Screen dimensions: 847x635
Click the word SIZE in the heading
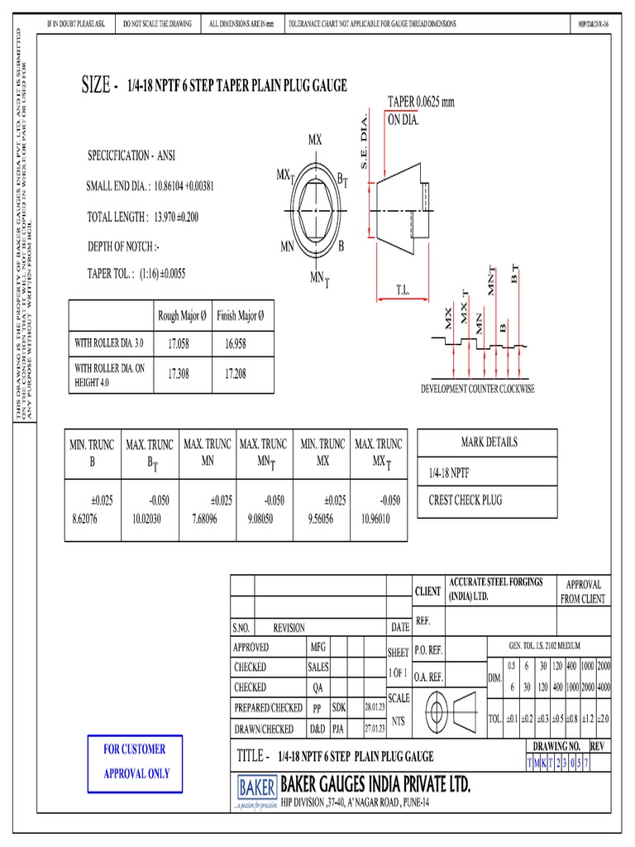click(96, 85)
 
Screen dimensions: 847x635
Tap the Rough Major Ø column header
click(183, 316)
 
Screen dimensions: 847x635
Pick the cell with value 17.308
click(179, 374)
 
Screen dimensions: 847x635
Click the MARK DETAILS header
click(489, 442)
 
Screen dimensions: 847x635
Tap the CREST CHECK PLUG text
click(465, 500)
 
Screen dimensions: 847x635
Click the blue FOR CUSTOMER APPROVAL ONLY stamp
click(134, 761)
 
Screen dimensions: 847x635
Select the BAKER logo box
click(256, 787)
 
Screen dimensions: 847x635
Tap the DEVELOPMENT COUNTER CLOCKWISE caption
click(477, 388)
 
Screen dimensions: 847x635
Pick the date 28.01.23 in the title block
click(375, 708)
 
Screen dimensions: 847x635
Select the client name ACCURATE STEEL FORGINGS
click(495, 581)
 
